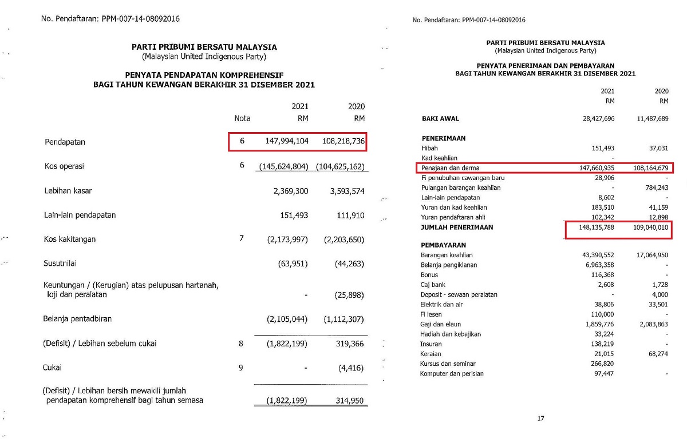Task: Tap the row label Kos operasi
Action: [65, 166]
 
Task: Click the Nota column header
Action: [242, 118]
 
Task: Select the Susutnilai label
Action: [60, 264]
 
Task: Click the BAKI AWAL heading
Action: [440, 119]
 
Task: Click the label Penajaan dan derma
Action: [450, 168]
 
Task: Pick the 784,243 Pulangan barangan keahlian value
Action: [654, 187]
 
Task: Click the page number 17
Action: [540, 418]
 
